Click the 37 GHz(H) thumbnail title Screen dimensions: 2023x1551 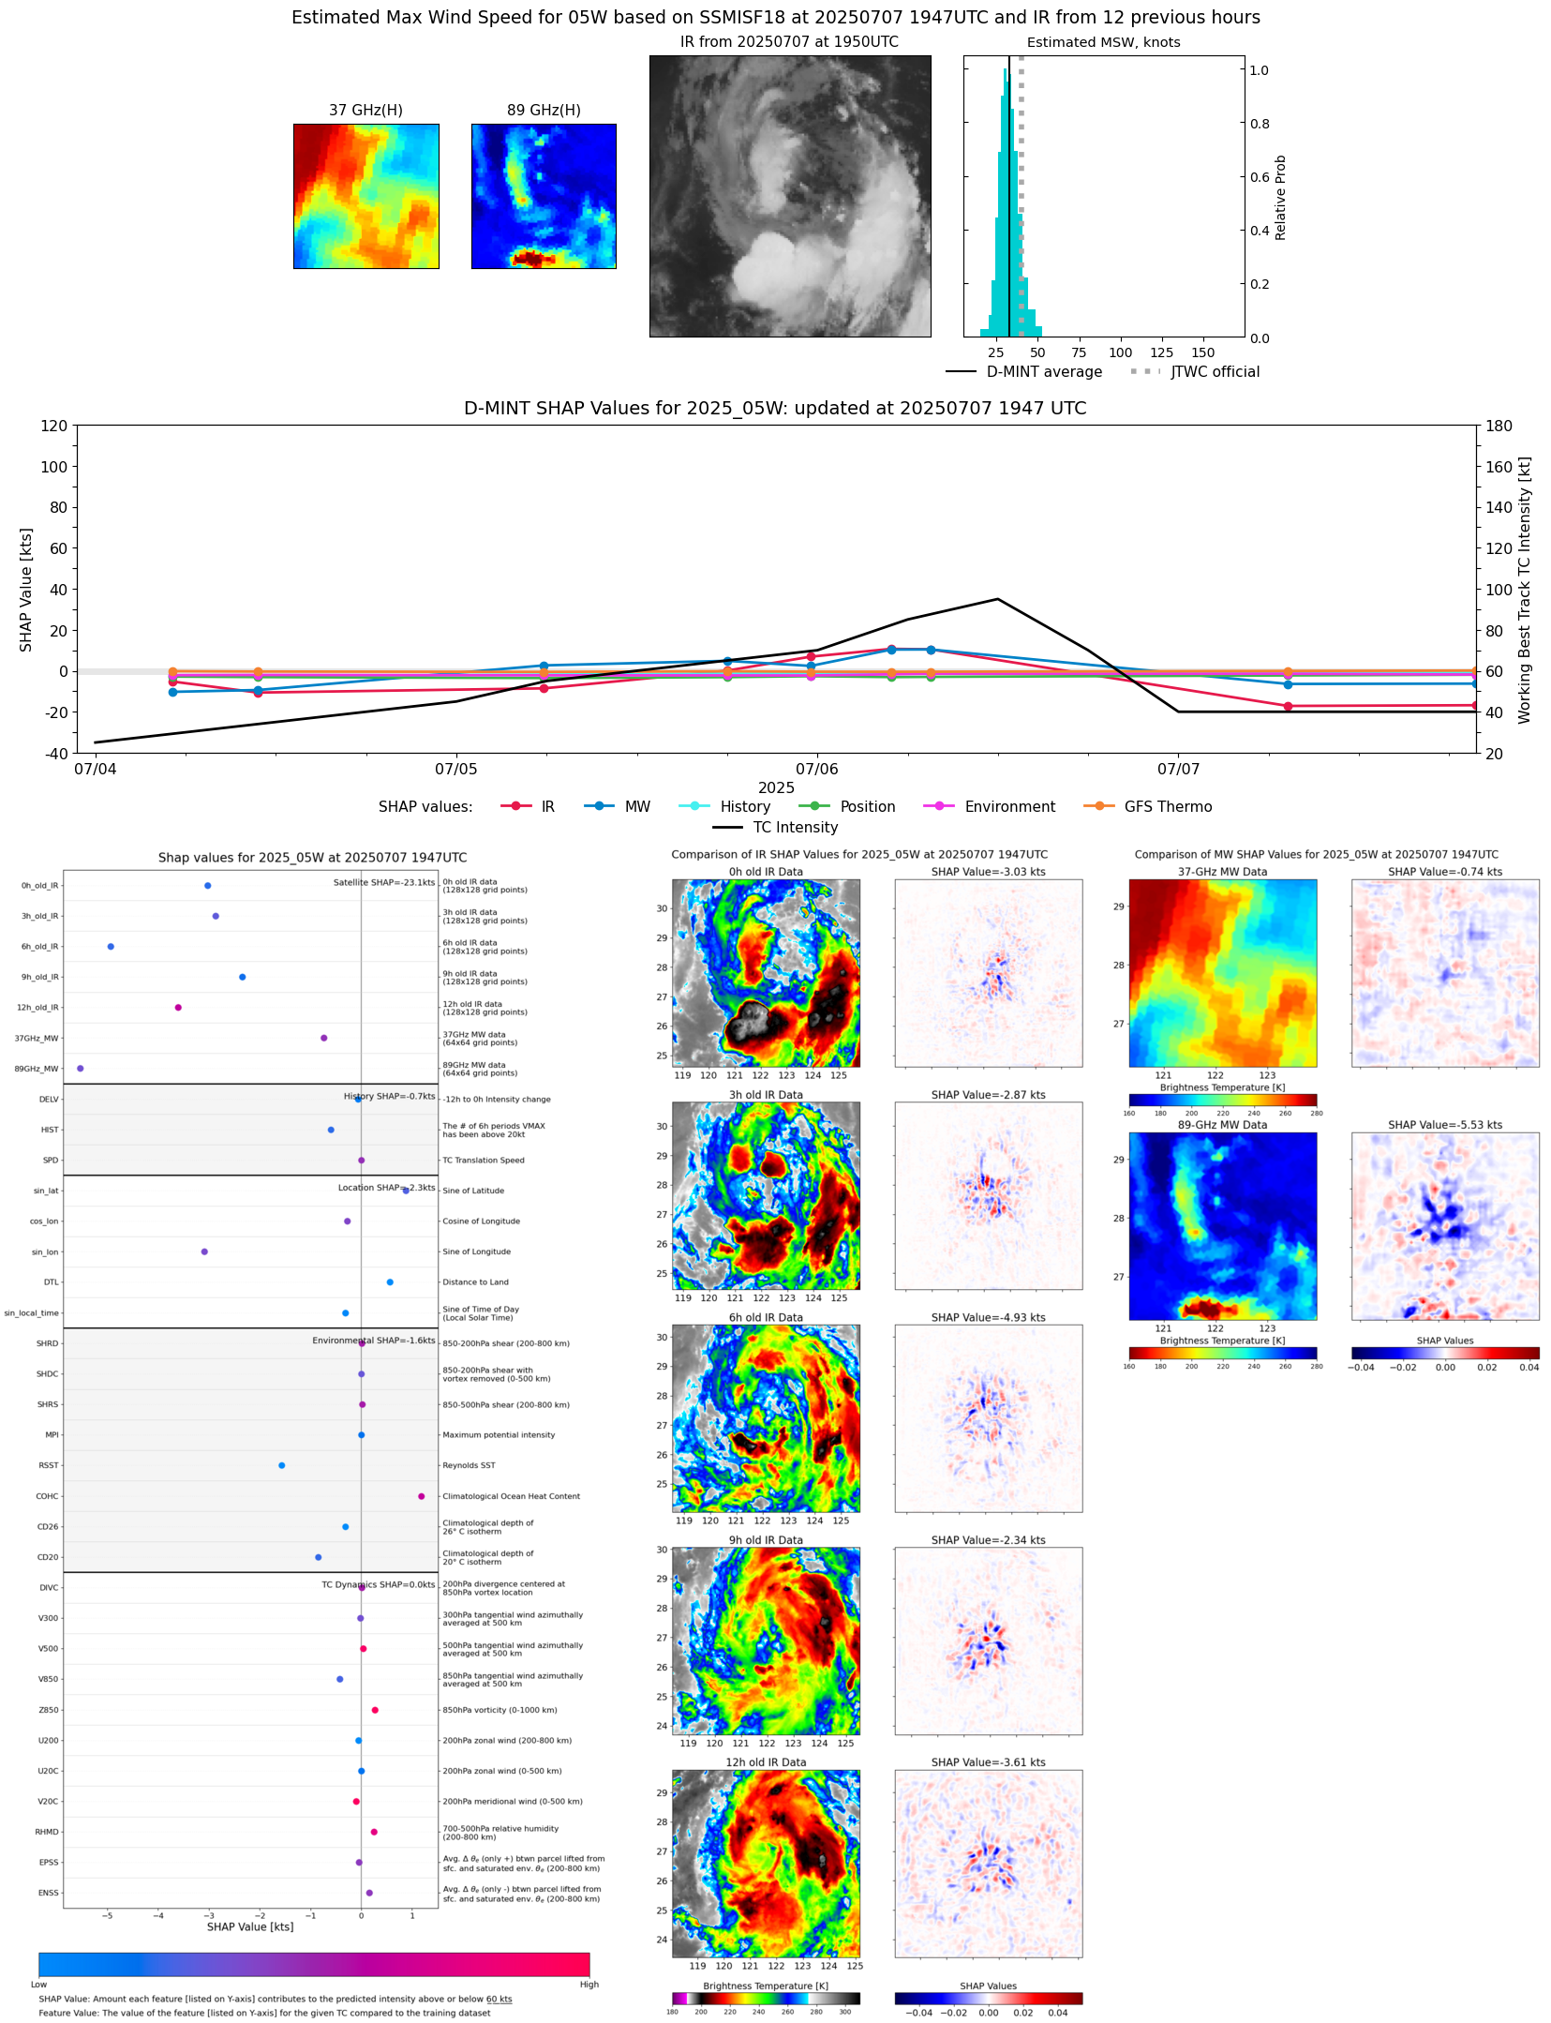coord(365,111)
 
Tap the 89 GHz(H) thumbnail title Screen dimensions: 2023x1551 coord(544,111)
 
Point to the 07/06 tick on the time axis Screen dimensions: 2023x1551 coord(816,769)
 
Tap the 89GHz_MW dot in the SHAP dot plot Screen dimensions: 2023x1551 coord(81,1069)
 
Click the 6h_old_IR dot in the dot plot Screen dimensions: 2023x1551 coord(111,947)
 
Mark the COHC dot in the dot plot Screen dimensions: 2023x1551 coord(422,1496)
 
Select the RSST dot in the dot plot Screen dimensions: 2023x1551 coord(282,1465)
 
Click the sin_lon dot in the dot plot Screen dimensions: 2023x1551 coord(204,1251)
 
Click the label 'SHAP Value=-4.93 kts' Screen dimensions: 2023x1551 coord(988,1318)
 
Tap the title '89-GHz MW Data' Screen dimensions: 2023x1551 coord(1222,1125)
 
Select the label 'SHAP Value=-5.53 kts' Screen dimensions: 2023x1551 coord(1444,1125)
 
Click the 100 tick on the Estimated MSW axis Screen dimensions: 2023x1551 coord(1120,353)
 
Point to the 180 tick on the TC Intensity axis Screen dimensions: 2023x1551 coord(1499,426)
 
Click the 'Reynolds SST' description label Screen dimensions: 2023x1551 coord(469,1465)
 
